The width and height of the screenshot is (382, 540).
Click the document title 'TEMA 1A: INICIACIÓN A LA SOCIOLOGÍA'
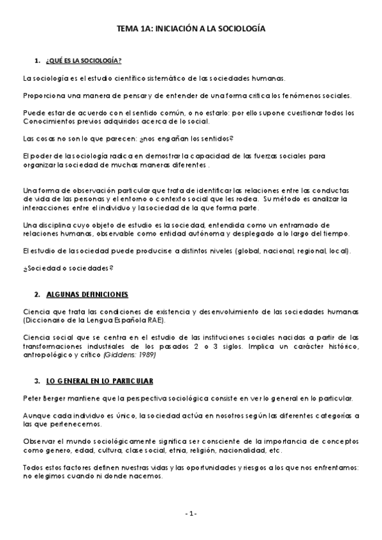pos(191,29)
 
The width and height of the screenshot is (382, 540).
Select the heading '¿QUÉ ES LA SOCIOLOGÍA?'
pos(83,60)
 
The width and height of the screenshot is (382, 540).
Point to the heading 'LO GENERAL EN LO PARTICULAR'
pos(99,380)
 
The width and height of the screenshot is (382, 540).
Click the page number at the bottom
pos(191,513)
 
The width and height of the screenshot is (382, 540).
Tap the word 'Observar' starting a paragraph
pos(38,440)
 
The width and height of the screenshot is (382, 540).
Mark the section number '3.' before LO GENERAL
pos(37,380)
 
